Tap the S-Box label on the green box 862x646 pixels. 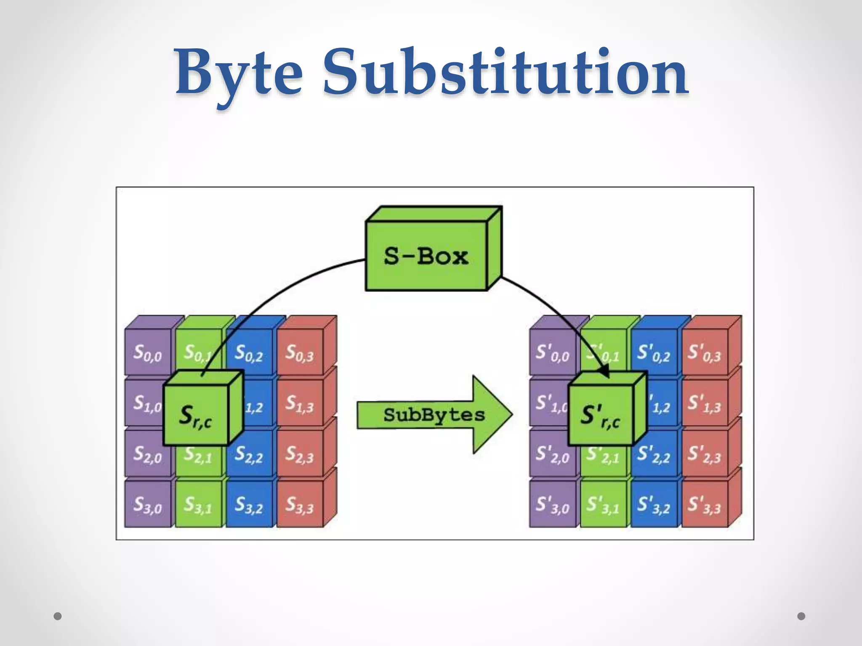426,256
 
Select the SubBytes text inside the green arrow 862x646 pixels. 434,415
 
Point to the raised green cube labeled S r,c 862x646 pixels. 196,415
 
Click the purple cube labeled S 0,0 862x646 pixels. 148,352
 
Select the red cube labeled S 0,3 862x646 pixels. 300,352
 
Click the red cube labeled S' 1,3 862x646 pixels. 704,403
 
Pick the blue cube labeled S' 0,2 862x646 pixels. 654,352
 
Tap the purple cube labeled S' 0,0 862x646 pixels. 552,352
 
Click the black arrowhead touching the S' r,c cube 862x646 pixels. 605,372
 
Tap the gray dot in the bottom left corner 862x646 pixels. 58,616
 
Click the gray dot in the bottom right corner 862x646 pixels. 801,616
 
